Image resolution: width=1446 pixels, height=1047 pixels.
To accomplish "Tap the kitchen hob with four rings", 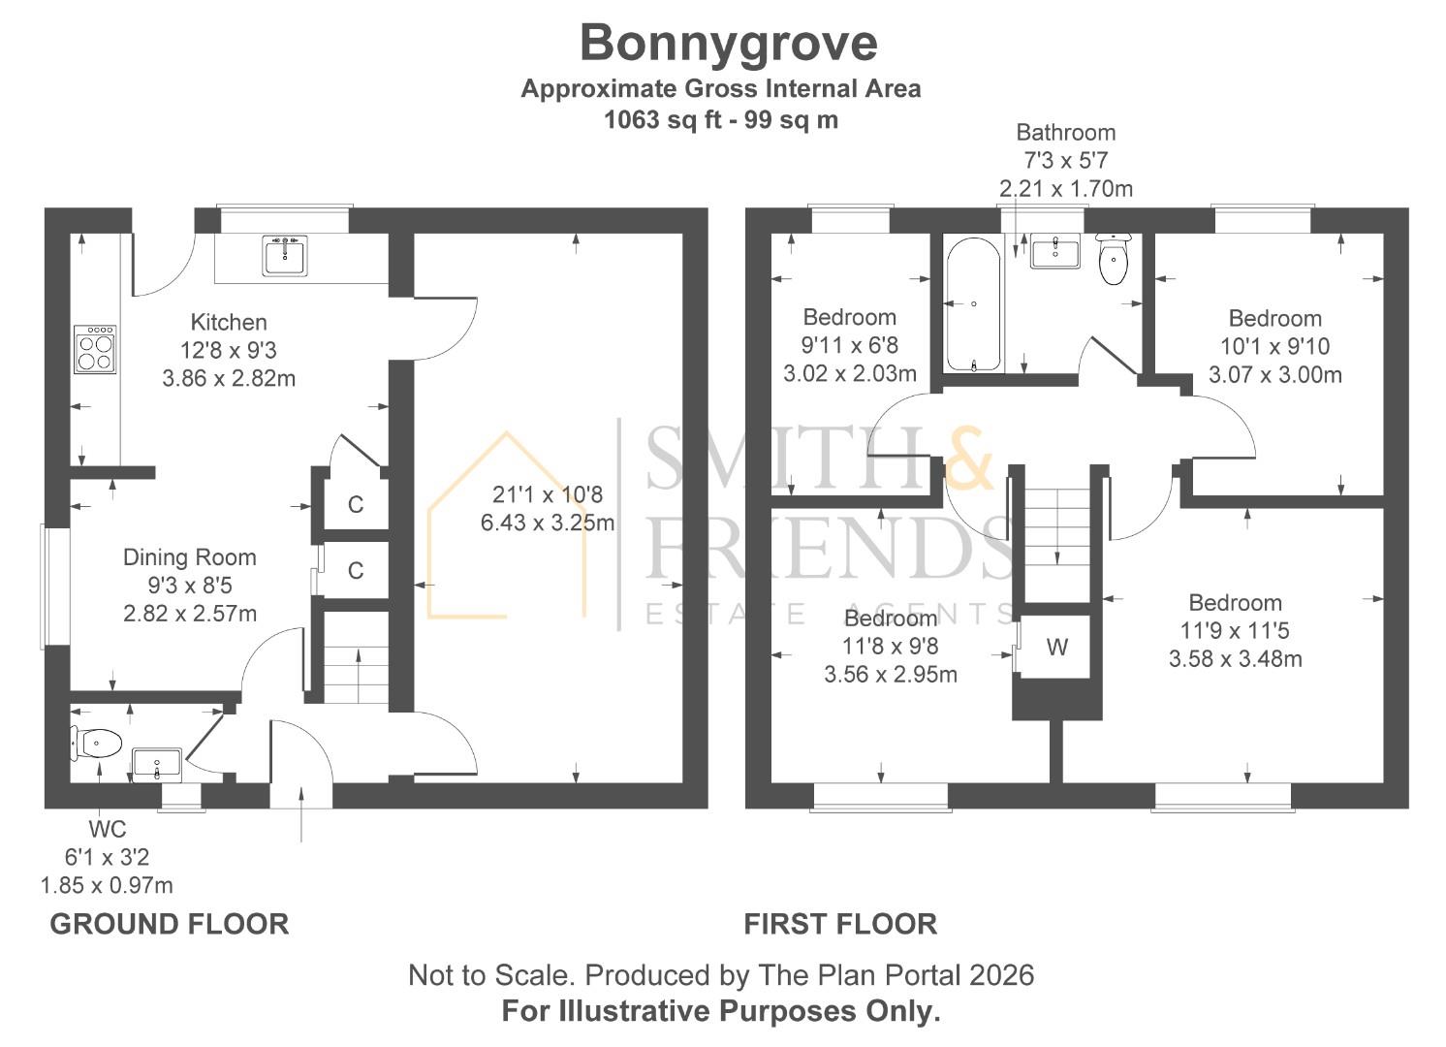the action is pos(96,349).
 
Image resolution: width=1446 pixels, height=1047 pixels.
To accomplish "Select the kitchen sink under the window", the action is pos(285,255).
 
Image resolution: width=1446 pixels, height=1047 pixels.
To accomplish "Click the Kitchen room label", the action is pos(229,322).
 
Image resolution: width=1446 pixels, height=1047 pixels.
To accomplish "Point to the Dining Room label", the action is pos(190,556).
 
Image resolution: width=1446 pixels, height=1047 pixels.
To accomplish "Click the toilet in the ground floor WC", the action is pos(96,743).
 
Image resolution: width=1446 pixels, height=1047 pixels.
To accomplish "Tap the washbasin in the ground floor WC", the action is pos(157,766).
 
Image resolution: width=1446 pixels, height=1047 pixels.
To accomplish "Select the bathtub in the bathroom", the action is pos(973,304).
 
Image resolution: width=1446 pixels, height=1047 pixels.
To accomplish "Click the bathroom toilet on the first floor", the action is pos(1113,259).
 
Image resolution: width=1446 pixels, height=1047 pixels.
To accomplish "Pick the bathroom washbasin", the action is pos(1054,250).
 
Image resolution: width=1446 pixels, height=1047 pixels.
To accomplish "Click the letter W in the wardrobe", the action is pos(1056,647).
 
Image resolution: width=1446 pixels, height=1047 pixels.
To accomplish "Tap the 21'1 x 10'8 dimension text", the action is pos(548,494).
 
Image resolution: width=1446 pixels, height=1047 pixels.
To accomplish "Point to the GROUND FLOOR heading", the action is pos(170,924).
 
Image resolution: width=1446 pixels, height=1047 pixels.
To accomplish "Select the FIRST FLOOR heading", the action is pos(840,924).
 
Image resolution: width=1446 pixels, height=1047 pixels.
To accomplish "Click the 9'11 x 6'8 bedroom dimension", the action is pos(850,345).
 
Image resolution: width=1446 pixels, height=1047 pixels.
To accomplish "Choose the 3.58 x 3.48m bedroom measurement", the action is pos(1235,659).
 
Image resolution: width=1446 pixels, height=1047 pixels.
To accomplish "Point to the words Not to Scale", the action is pos(490,975).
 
